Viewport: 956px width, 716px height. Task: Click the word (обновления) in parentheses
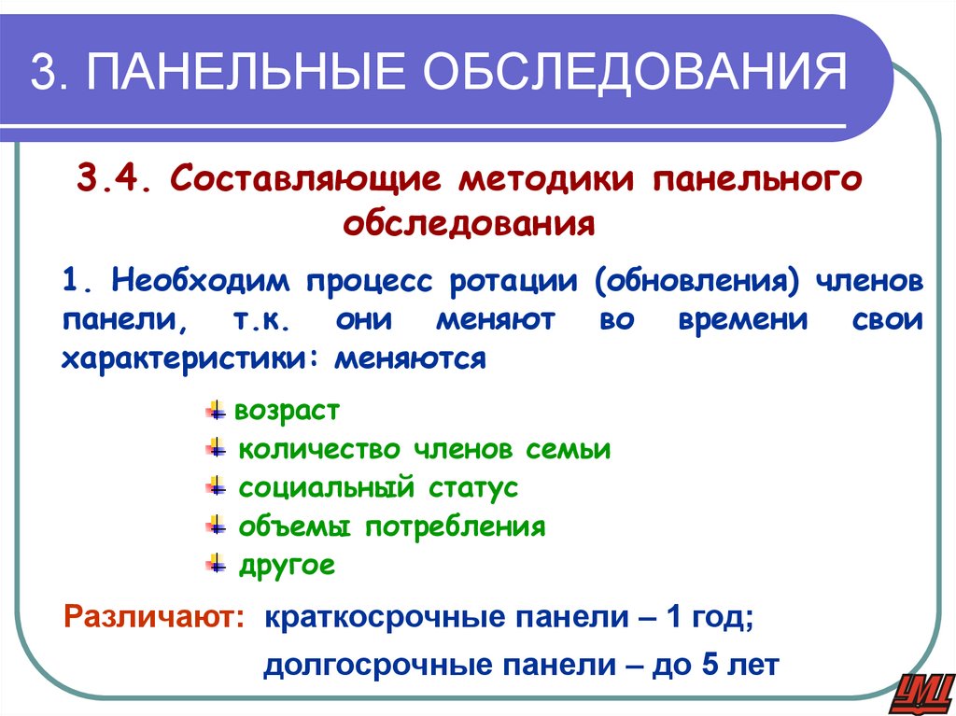pyautogui.click(x=695, y=281)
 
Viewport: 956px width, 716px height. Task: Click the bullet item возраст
pyautogui.click(x=287, y=411)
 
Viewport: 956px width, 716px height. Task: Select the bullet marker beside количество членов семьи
pyautogui.click(x=216, y=449)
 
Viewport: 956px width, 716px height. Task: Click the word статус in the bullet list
pyautogui.click(x=473, y=487)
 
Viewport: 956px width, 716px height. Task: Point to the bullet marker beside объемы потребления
pyautogui.click(x=216, y=526)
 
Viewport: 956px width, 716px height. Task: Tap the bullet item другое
pyautogui.click(x=287, y=565)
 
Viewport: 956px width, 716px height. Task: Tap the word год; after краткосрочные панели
pyautogui.click(x=721, y=618)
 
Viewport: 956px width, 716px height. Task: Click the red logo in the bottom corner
pyautogui.click(x=922, y=691)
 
